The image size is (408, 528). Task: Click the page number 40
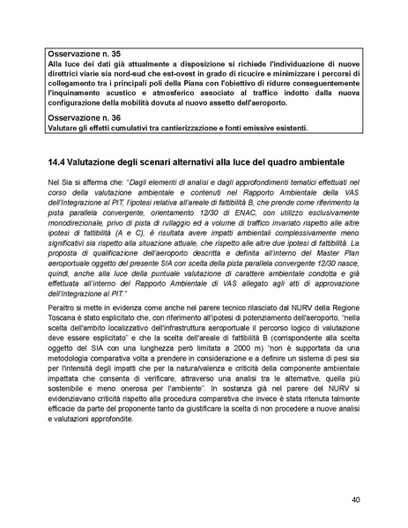click(354, 500)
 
